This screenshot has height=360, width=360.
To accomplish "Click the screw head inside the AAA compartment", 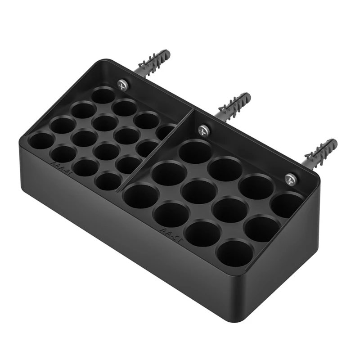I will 121,83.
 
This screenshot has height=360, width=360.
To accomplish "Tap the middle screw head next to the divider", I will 203,130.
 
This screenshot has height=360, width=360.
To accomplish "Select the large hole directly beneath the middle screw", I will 195,151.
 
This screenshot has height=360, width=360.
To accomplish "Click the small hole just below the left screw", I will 104,95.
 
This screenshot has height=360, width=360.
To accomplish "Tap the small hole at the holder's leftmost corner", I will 41,141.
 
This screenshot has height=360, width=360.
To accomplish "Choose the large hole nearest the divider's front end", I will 141,196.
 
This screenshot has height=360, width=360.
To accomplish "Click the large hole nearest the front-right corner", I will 234,253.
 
